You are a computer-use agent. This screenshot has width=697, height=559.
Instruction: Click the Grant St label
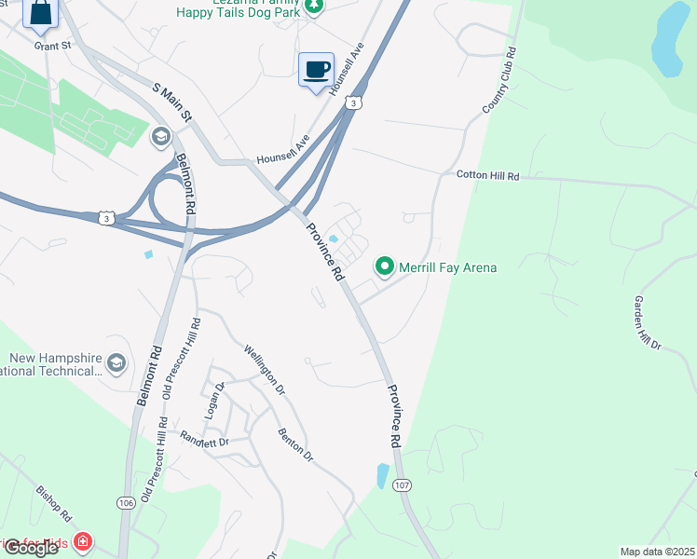52,45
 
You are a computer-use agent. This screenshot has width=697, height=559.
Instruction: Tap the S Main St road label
172,103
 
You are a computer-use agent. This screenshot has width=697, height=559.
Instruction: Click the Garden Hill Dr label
647,323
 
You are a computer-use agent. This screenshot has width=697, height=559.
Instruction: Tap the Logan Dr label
213,402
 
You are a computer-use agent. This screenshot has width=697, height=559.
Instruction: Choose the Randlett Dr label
204,439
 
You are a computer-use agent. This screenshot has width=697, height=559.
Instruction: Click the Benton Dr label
295,445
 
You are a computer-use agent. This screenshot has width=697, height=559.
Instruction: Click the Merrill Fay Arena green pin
384,266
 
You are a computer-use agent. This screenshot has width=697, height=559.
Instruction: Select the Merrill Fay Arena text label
447,268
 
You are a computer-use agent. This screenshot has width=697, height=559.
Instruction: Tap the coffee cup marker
316,69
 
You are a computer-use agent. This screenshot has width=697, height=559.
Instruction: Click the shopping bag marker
41,12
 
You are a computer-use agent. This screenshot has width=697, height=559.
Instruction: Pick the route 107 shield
402,485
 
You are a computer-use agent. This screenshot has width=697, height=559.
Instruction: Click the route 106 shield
126,503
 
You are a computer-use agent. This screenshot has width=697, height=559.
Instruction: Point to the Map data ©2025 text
658,552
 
